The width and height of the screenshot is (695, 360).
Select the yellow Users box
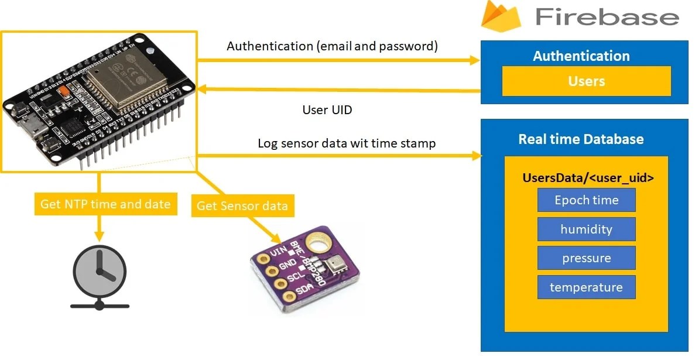[x=586, y=81]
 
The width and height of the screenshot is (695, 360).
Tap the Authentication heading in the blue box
[x=581, y=56]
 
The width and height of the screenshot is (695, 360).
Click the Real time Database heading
[x=581, y=139]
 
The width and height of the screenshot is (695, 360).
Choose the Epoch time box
[x=586, y=200]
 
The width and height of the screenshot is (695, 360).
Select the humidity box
[x=586, y=229]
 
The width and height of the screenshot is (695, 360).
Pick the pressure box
[x=586, y=258]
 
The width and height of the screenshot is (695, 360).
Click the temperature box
[x=586, y=287]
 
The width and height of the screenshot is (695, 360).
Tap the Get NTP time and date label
[x=105, y=204]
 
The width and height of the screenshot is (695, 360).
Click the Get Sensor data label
[x=242, y=205]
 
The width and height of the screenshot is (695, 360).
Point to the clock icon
[x=100, y=271]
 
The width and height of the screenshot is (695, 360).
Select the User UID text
[x=327, y=110]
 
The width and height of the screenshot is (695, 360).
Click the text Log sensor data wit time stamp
[x=347, y=143]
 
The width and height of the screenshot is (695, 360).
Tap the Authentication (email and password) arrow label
[x=332, y=46]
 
